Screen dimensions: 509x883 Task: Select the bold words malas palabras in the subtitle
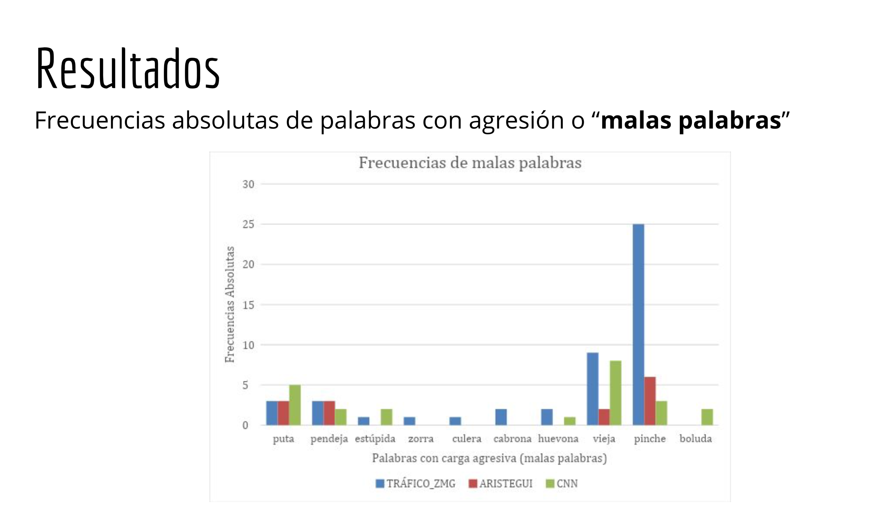coord(691,120)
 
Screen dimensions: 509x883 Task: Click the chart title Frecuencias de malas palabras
coord(470,163)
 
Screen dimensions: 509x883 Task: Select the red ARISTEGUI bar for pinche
coord(650,401)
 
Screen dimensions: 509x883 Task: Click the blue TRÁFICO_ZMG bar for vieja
coord(593,389)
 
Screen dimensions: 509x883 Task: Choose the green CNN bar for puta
coord(295,405)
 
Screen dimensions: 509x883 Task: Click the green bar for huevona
coord(570,421)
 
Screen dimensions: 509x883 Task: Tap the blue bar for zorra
coord(409,421)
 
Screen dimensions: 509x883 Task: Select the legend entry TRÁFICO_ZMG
coord(416,484)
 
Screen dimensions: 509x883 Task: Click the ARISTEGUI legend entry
coord(501,484)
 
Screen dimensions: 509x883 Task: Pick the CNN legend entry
coord(562,484)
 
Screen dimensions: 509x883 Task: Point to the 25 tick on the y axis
coord(248,224)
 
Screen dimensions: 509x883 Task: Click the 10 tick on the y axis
coord(248,345)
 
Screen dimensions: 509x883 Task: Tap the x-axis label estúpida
coord(375,439)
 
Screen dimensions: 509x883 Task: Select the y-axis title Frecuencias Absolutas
coord(230,304)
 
